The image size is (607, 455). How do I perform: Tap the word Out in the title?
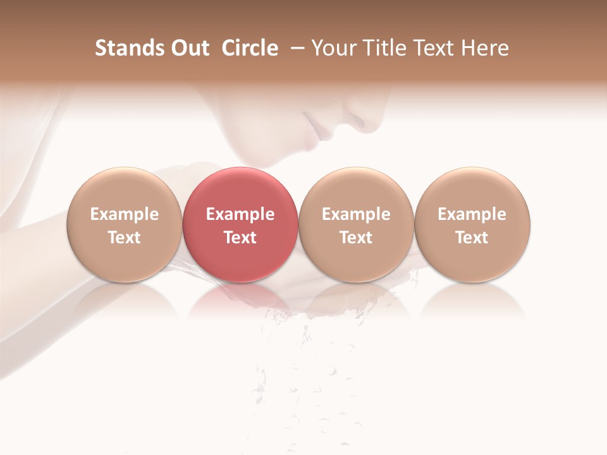pyautogui.click(x=188, y=48)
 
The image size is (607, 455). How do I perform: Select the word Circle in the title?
pyautogui.click(x=250, y=48)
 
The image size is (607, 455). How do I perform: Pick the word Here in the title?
pyautogui.click(x=485, y=48)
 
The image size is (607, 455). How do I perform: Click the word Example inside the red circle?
pyautogui.click(x=240, y=214)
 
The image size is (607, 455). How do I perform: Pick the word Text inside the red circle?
pyautogui.click(x=240, y=238)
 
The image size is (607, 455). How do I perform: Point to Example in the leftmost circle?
pyautogui.click(x=125, y=214)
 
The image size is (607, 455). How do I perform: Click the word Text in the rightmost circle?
pyautogui.click(x=472, y=238)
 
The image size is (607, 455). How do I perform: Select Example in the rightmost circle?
pyautogui.click(x=472, y=214)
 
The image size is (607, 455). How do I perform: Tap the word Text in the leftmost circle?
pyautogui.click(x=125, y=238)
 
